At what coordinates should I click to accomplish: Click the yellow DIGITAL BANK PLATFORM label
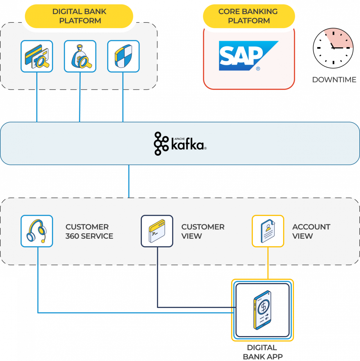pos(79,16)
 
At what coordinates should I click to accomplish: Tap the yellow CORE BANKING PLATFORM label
pos(248,16)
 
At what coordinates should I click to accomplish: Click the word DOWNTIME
pos(334,80)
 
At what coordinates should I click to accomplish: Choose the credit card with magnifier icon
pos(37,56)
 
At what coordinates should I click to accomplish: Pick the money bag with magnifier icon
pos(80,56)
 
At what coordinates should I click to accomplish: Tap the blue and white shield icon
pos(123,56)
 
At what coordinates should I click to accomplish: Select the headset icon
pos(37,231)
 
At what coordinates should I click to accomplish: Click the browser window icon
pos(157,231)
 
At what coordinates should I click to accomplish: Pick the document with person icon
pos(268,231)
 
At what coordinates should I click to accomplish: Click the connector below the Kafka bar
pos(129,181)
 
